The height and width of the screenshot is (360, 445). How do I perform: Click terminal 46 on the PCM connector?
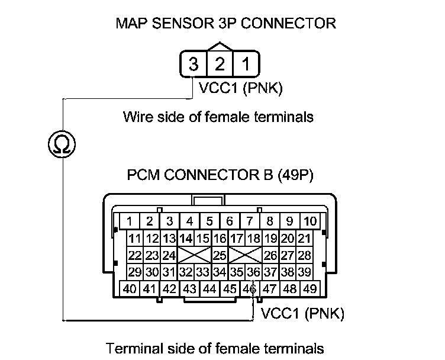pyautogui.click(x=250, y=290)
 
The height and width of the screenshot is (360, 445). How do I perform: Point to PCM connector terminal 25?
pyautogui.click(x=220, y=256)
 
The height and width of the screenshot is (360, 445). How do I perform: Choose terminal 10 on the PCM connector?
pyautogui.click(x=309, y=221)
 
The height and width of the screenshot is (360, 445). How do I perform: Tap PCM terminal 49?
pyautogui.click(x=309, y=290)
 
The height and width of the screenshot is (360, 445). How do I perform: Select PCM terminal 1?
pyautogui.click(x=129, y=221)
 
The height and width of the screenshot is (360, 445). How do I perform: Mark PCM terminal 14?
pyautogui.click(x=186, y=239)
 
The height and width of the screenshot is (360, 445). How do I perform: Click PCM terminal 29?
pyautogui.click(x=135, y=272)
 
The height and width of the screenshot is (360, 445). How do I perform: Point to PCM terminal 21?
pyautogui.click(x=304, y=239)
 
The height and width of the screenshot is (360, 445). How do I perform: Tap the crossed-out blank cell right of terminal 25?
pyautogui.click(x=245, y=256)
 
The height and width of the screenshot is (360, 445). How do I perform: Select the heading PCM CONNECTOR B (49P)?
pyautogui.click(x=220, y=176)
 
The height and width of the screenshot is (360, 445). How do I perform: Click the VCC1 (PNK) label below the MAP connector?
pyautogui.click(x=241, y=90)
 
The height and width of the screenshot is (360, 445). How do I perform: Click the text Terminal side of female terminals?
pyautogui.click(x=214, y=348)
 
